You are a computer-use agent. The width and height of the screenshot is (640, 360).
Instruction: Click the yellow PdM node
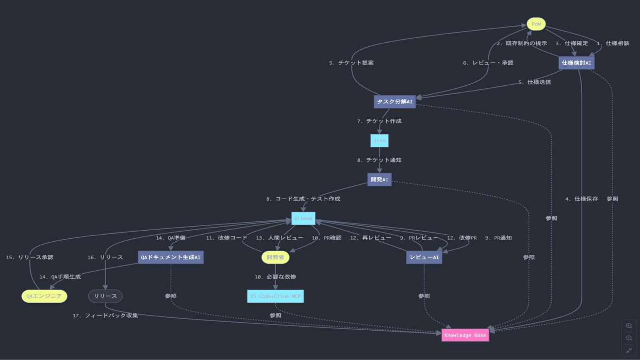click(x=536, y=24)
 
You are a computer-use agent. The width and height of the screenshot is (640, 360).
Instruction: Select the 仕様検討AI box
click(x=576, y=63)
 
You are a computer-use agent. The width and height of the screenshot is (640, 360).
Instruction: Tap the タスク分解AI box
click(x=395, y=102)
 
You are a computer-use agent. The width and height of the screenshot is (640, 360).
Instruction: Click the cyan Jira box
click(x=380, y=141)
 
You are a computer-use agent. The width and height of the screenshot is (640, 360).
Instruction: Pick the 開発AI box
click(x=380, y=180)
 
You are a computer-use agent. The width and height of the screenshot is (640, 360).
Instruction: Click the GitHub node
click(x=303, y=218)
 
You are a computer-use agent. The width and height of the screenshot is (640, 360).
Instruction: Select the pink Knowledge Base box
click(x=465, y=335)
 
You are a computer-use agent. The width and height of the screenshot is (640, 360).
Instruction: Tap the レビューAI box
click(x=424, y=257)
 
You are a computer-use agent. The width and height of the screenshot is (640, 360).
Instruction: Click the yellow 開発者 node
click(x=275, y=257)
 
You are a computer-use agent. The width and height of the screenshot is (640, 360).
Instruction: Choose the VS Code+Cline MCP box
click(x=275, y=296)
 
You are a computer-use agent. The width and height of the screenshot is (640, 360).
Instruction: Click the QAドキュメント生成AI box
click(x=171, y=257)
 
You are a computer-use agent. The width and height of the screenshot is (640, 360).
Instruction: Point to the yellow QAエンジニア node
click(x=44, y=296)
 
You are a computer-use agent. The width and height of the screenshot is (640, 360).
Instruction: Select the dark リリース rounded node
click(x=105, y=296)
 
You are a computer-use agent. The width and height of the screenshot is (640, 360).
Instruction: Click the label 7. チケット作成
click(x=379, y=121)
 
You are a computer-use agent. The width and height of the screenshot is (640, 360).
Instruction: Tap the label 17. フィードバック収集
click(x=105, y=316)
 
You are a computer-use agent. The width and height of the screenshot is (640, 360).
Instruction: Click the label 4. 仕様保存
click(x=581, y=199)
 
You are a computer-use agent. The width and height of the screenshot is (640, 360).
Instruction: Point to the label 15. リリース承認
click(x=30, y=257)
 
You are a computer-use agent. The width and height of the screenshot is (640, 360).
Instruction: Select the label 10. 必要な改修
click(x=275, y=276)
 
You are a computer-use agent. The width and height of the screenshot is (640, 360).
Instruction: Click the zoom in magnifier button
click(x=629, y=326)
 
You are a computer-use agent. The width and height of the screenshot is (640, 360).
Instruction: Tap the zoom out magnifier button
click(x=629, y=338)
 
